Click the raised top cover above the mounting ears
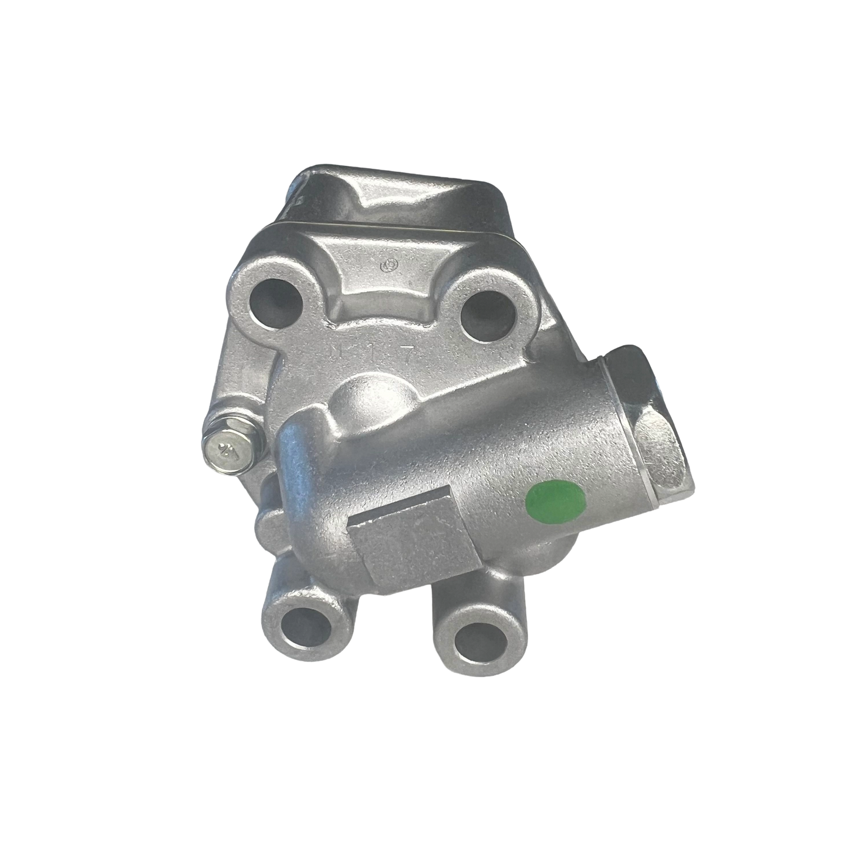(x=399, y=194)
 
